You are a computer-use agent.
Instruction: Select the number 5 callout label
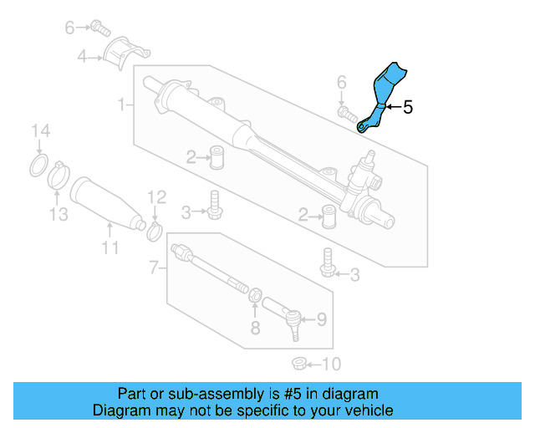tap(408, 107)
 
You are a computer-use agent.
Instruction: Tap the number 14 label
tap(41, 130)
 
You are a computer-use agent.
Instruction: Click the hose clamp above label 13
tap(58, 176)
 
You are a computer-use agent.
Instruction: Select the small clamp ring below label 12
tap(155, 228)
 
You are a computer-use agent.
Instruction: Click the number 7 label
tap(153, 268)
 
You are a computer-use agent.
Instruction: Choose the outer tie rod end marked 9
tap(288, 318)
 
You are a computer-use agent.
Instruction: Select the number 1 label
tap(122, 105)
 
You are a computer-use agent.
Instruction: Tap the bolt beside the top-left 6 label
tap(101, 28)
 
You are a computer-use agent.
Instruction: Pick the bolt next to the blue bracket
tap(346, 112)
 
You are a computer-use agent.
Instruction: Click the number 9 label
tap(320, 318)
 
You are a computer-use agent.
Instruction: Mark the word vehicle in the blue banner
tap(367, 410)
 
